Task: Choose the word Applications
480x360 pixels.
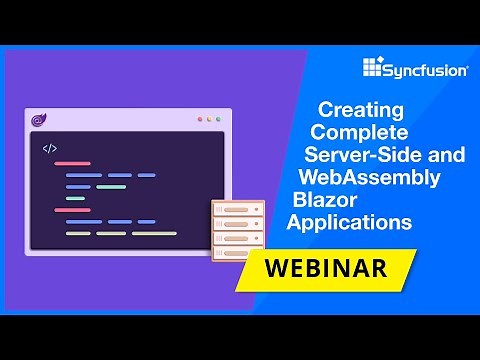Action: coord(349,221)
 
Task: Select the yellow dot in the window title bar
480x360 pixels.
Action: coord(209,120)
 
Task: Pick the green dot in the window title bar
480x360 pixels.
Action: coord(219,120)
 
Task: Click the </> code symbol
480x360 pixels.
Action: coord(50,149)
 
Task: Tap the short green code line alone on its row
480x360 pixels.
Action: coord(76,198)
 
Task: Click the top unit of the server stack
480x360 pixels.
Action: coord(238,210)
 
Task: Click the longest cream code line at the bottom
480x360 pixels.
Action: coord(154,233)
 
